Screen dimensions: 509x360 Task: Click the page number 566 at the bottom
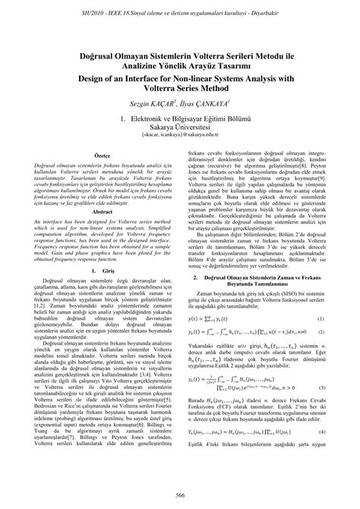click(x=180, y=495)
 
